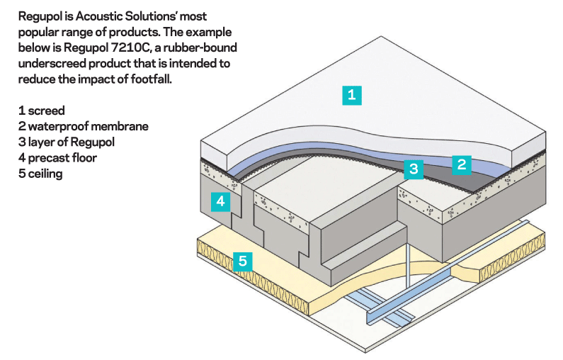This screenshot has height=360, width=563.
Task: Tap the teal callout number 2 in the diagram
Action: click(x=461, y=165)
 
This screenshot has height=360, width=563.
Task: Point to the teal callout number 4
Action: click(x=221, y=201)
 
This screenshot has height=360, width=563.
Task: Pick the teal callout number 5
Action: click(x=243, y=261)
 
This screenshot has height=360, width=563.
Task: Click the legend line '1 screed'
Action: click(x=41, y=111)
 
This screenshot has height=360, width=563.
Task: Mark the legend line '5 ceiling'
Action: click(x=40, y=173)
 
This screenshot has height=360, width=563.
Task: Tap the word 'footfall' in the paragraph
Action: click(x=150, y=80)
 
